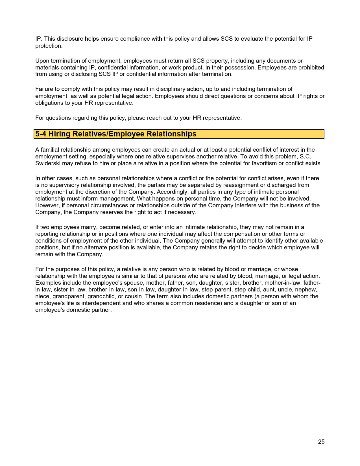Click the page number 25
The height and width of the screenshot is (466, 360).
click(321, 442)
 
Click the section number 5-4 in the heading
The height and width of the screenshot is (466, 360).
click(41, 134)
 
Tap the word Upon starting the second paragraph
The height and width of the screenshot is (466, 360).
click(42, 61)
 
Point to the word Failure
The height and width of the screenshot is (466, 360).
click(44, 89)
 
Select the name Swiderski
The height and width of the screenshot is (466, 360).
click(48, 163)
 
